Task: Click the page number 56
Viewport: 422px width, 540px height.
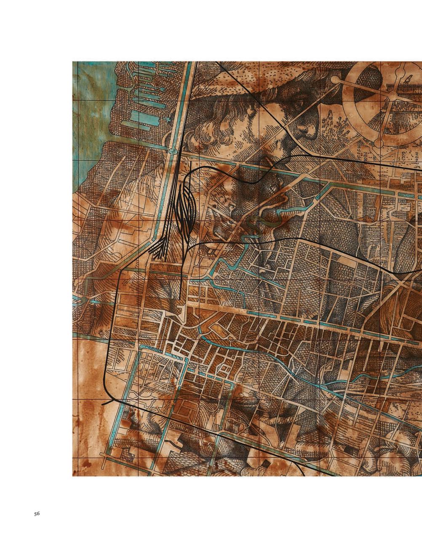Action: tap(37, 513)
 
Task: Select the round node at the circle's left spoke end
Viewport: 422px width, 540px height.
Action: tap(335, 79)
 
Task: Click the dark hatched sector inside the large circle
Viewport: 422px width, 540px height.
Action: tap(369, 84)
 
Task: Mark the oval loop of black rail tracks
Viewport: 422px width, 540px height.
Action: tap(186, 211)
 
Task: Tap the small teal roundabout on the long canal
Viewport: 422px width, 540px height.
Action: tap(172, 151)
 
